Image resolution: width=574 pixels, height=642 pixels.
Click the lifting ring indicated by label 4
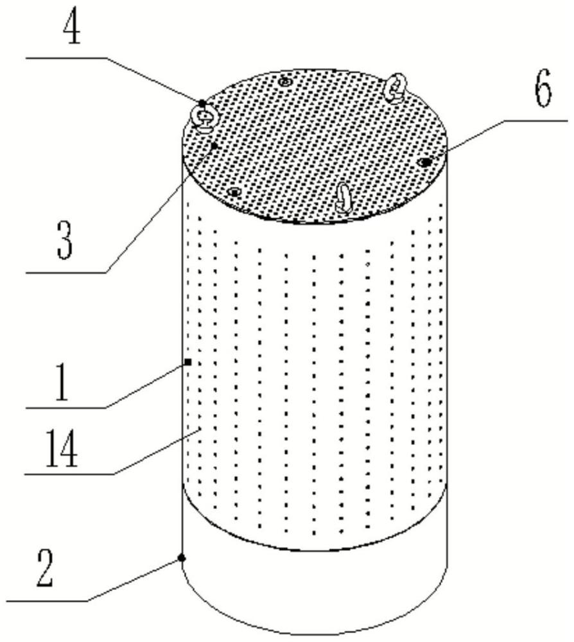point(205,117)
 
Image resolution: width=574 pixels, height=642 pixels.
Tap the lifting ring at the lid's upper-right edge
point(394,87)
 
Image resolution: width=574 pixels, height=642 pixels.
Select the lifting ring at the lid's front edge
point(344,196)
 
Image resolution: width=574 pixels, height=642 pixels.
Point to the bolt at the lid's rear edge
point(285,80)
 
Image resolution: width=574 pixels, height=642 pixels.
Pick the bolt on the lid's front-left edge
point(235,191)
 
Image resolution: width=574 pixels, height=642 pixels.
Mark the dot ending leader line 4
point(202,103)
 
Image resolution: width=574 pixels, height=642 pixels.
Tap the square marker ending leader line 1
point(188,363)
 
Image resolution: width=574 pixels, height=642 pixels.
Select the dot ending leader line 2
point(182,558)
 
